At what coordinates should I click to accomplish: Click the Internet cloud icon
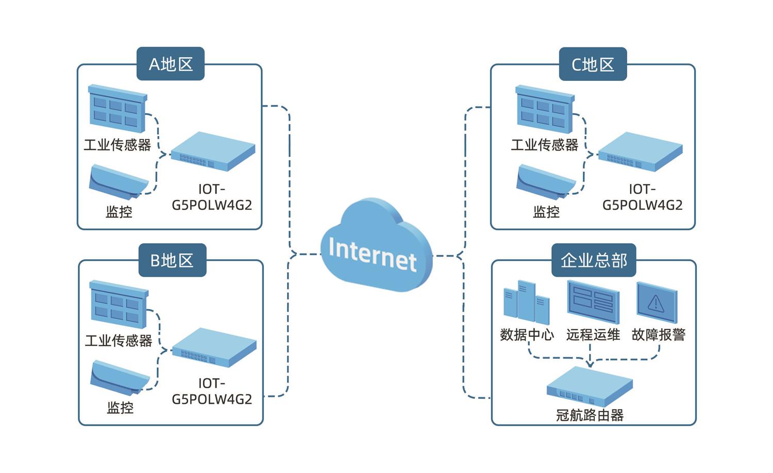pyautogui.click(x=375, y=246)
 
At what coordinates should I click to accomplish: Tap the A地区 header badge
pyautogui.click(x=171, y=64)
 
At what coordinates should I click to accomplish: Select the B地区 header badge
pyautogui.click(x=172, y=260)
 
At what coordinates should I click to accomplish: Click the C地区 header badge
pyautogui.click(x=593, y=64)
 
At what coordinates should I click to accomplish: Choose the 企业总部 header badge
pyautogui.click(x=594, y=260)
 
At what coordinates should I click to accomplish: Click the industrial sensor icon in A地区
pyautogui.click(x=117, y=108)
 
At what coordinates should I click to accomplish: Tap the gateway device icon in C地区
pyautogui.click(x=640, y=151)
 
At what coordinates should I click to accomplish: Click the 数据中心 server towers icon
pyautogui.click(x=526, y=302)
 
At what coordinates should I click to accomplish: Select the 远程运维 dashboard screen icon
pyautogui.click(x=593, y=302)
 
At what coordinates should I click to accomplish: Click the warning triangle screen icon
pyautogui.click(x=657, y=302)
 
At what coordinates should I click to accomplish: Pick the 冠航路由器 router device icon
pyautogui.click(x=590, y=387)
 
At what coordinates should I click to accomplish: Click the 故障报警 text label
pyautogui.click(x=659, y=335)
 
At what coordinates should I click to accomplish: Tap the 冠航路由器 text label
pyautogui.click(x=590, y=415)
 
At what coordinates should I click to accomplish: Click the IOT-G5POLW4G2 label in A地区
pyautogui.click(x=212, y=197)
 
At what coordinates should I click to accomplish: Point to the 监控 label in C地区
pyautogui.click(x=546, y=212)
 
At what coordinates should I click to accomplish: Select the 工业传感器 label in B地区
pyautogui.click(x=119, y=341)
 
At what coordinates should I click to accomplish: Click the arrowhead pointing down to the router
pyautogui.click(x=590, y=364)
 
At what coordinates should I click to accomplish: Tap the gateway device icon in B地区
pyautogui.click(x=214, y=347)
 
